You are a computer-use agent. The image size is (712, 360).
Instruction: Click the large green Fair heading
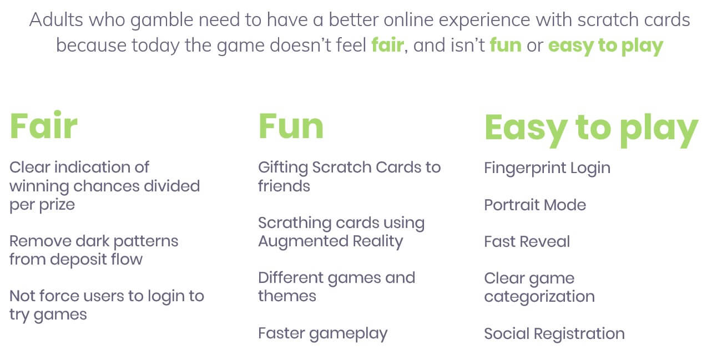pyautogui.click(x=43, y=125)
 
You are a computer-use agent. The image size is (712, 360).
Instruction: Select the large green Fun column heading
pyautogui.click(x=291, y=126)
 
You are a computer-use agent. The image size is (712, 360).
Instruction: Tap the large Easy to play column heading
pyautogui.click(x=591, y=130)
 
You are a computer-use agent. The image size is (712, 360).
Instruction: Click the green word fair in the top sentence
pyautogui.click(x=387, y=45)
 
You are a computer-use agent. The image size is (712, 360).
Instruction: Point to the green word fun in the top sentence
pyautogui.click(x=506, y=45)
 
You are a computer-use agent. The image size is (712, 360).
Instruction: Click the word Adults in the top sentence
pyautogui.click(x=56, y=20)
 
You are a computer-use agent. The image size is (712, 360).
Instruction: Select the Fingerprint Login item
pyautogui.click(x=547, y=168)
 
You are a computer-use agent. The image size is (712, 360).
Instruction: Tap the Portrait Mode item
pyautogui.click(x=535, y=205)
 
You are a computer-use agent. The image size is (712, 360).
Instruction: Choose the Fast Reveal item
pyautogui.click(x=527, y=241)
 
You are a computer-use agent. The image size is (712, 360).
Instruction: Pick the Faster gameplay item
pyautogui.click(x=322, y=334)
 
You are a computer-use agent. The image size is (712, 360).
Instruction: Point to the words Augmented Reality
pyautogui.click(x=331, y=242)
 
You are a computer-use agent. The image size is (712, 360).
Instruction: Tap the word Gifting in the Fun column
pyautogui.click(x=283, y=168)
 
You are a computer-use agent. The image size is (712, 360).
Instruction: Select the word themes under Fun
pyautogui.click(x=287, y=296)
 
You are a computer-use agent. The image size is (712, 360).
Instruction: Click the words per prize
pyautogui.click(x=42, y=205)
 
